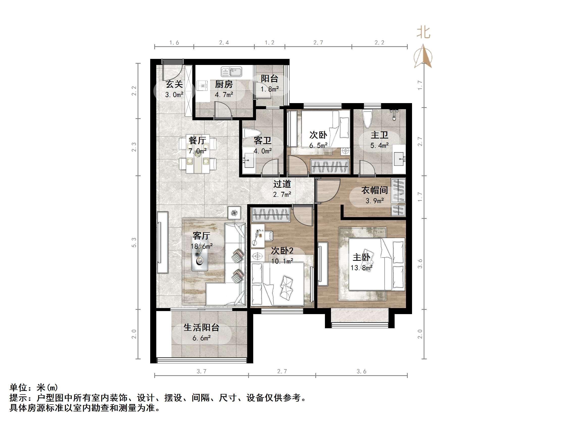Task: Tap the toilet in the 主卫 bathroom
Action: [x=367, y=119]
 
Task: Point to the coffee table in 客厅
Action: [x=200, y=254]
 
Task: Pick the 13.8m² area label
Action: [x=361, y=268]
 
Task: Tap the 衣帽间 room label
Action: [x=374, y=190]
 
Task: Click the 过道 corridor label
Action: [x=282, y=184]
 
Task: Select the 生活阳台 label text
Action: [x=201, y=327]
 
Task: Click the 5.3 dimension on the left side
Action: [x=134, y=242]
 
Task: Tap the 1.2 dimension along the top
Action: [x=270, y=43]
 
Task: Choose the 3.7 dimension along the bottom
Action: [x=201, y=371]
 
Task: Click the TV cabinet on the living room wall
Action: [x=163, y=242]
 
